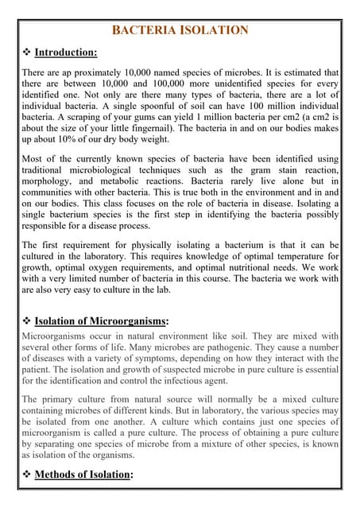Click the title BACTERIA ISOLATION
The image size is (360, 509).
(180, 31)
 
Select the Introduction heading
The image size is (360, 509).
(66, 52)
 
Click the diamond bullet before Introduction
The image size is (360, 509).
(25, 52)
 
